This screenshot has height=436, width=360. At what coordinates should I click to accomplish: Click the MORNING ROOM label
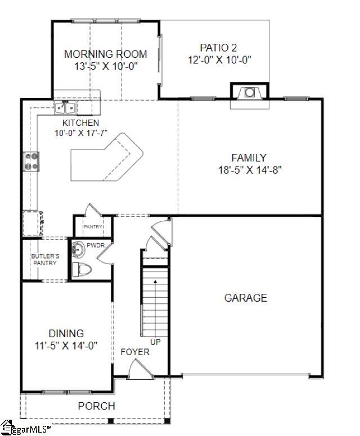pyautogui.click(x=105, y=54)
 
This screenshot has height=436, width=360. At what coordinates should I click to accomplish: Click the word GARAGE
pyautogui.click(x=246, y=298)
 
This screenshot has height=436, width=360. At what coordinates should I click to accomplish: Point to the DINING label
pyautogui.click(x=66, y=334)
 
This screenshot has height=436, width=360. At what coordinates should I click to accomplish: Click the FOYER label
pyautogui.click(x=135, y=352)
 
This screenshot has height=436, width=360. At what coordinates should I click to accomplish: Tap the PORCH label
pyautogui.click(x=96, y=406)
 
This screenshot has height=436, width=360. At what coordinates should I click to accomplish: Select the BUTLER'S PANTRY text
pyautogui.click(x=45, y=259)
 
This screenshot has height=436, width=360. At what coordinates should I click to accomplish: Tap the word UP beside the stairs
pyautogui.click(x=155, y=341)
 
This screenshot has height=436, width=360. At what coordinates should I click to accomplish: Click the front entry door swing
pyautogui.click(x=138, y=370)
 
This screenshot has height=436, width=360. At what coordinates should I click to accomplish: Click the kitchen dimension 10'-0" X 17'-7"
pyautogui.click(x=81, y=133)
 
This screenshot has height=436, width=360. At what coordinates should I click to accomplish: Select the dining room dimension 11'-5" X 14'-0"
pyautogui.click(x=66, y=346)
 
